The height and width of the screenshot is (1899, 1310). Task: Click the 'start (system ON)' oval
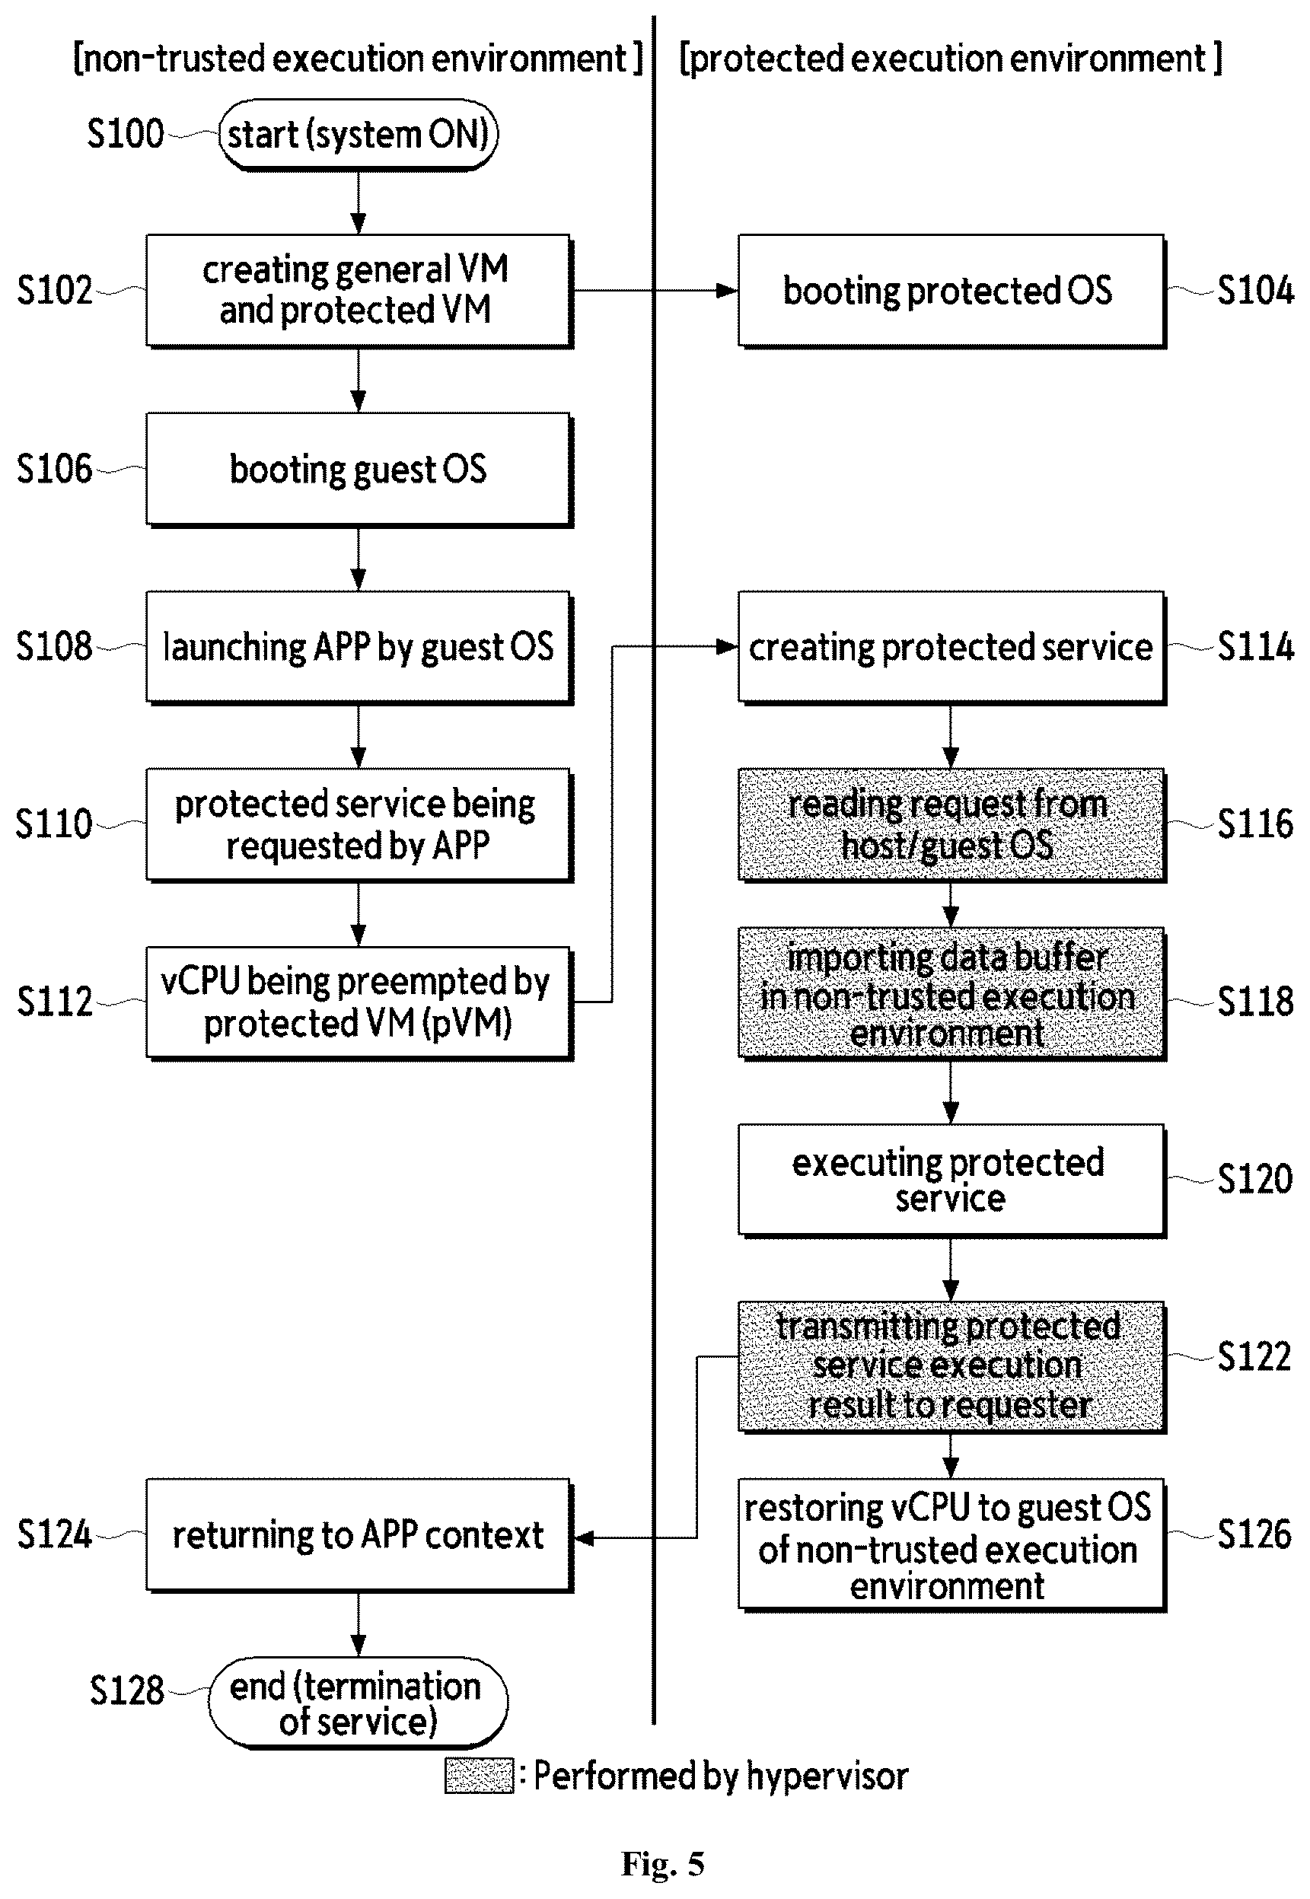[358, 135]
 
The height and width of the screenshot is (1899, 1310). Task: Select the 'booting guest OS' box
[359, 469]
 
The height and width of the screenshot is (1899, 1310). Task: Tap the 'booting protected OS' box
[951, 291]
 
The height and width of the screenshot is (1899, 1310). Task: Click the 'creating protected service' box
[951, 647]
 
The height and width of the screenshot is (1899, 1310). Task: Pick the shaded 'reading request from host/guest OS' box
[951, 825]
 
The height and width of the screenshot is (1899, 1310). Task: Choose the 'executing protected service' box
[951, 1180]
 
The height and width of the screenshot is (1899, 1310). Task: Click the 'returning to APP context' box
[359, 1535]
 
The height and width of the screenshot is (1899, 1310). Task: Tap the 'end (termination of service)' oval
[358, 1703]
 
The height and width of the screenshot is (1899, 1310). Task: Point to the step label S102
[55, 291]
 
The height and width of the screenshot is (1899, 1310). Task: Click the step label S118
[1255, 1001]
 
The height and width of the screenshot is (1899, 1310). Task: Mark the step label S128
[127, 1690]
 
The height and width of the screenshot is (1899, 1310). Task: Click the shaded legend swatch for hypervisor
[480, 1776]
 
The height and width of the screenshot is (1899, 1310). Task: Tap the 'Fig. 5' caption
[663, 1865]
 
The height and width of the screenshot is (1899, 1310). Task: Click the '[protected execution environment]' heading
[951, 59]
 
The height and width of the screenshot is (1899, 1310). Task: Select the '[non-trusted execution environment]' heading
[359, 59]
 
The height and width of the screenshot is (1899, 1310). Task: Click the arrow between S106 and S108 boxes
[359, 558]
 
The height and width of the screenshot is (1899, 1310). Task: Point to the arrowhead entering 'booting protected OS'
[727, 291]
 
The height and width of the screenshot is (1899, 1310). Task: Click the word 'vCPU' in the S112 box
[200, 982]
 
